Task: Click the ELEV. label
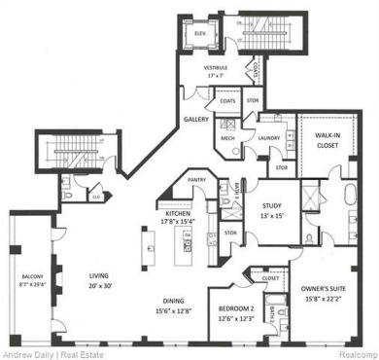pyautogui.click(x=201, y=33)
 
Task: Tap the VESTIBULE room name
pyautogui.click(x=215, y=67)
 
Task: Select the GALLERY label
pyautogui.click(x=197, y=120)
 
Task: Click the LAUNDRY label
pyautogui.click(x=269, y=138)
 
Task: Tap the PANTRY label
pyautogui.click(x=196, y=180)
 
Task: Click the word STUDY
pyautogui.click(x=272, y=205)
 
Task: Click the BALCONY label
pyautogui.click(x=31, y=279)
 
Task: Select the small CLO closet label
pyautogui.click(x=97, y=195)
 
